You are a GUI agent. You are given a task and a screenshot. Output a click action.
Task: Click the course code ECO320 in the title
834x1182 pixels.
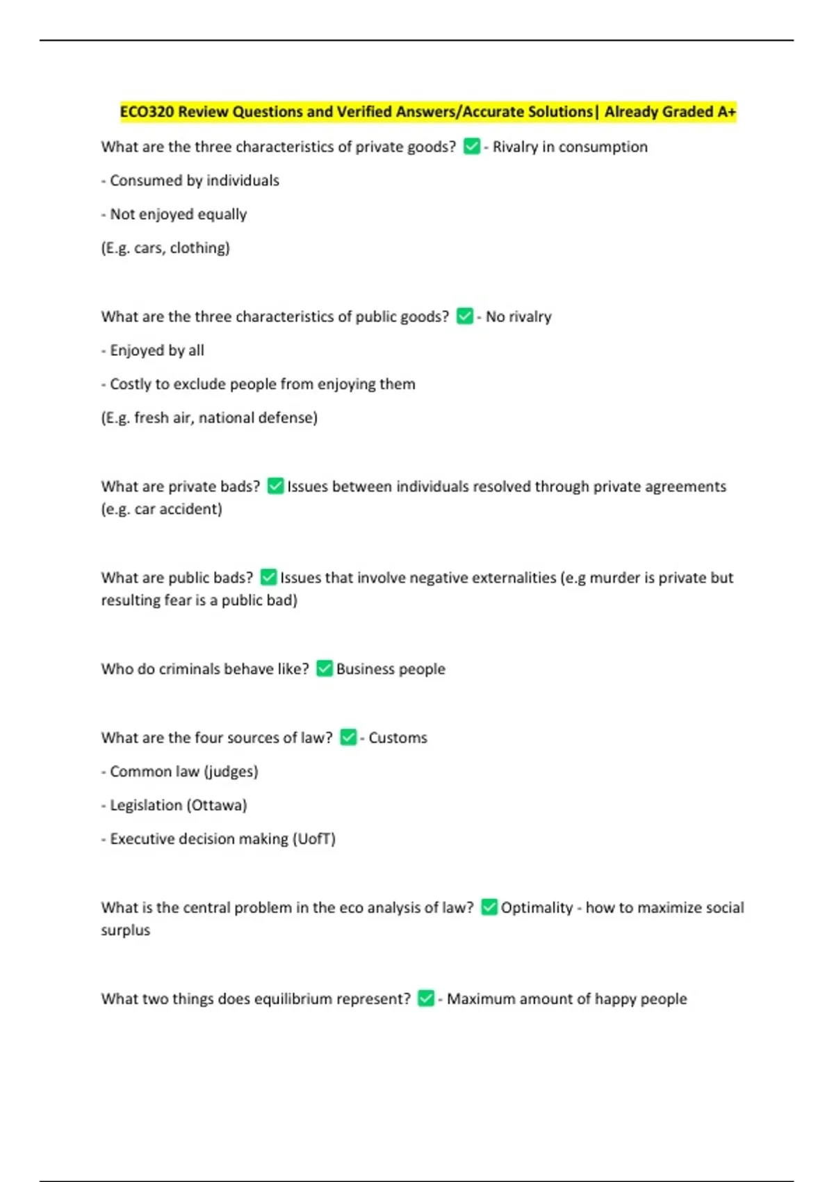point(147,112)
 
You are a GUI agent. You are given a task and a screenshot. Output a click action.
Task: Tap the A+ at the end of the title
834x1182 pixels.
point(726,112)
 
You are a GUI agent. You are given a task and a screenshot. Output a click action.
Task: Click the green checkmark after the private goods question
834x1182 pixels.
point(471,147)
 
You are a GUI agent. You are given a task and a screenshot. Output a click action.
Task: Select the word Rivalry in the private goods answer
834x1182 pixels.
point(515,147)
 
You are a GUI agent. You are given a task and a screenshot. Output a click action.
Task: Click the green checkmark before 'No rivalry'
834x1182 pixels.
point(464,316)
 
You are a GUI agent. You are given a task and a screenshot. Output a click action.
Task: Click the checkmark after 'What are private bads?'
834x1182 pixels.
point(275,486)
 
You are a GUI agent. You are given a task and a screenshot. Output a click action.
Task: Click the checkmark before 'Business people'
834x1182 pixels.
point(324,668)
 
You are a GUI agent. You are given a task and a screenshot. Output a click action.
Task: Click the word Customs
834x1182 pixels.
point(398,738)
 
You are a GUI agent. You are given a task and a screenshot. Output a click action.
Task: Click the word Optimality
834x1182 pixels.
point(537,907)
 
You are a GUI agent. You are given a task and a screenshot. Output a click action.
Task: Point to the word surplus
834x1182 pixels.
point(125,930)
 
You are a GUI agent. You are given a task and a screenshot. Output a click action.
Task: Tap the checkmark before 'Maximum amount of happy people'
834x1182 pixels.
point(426,998)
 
